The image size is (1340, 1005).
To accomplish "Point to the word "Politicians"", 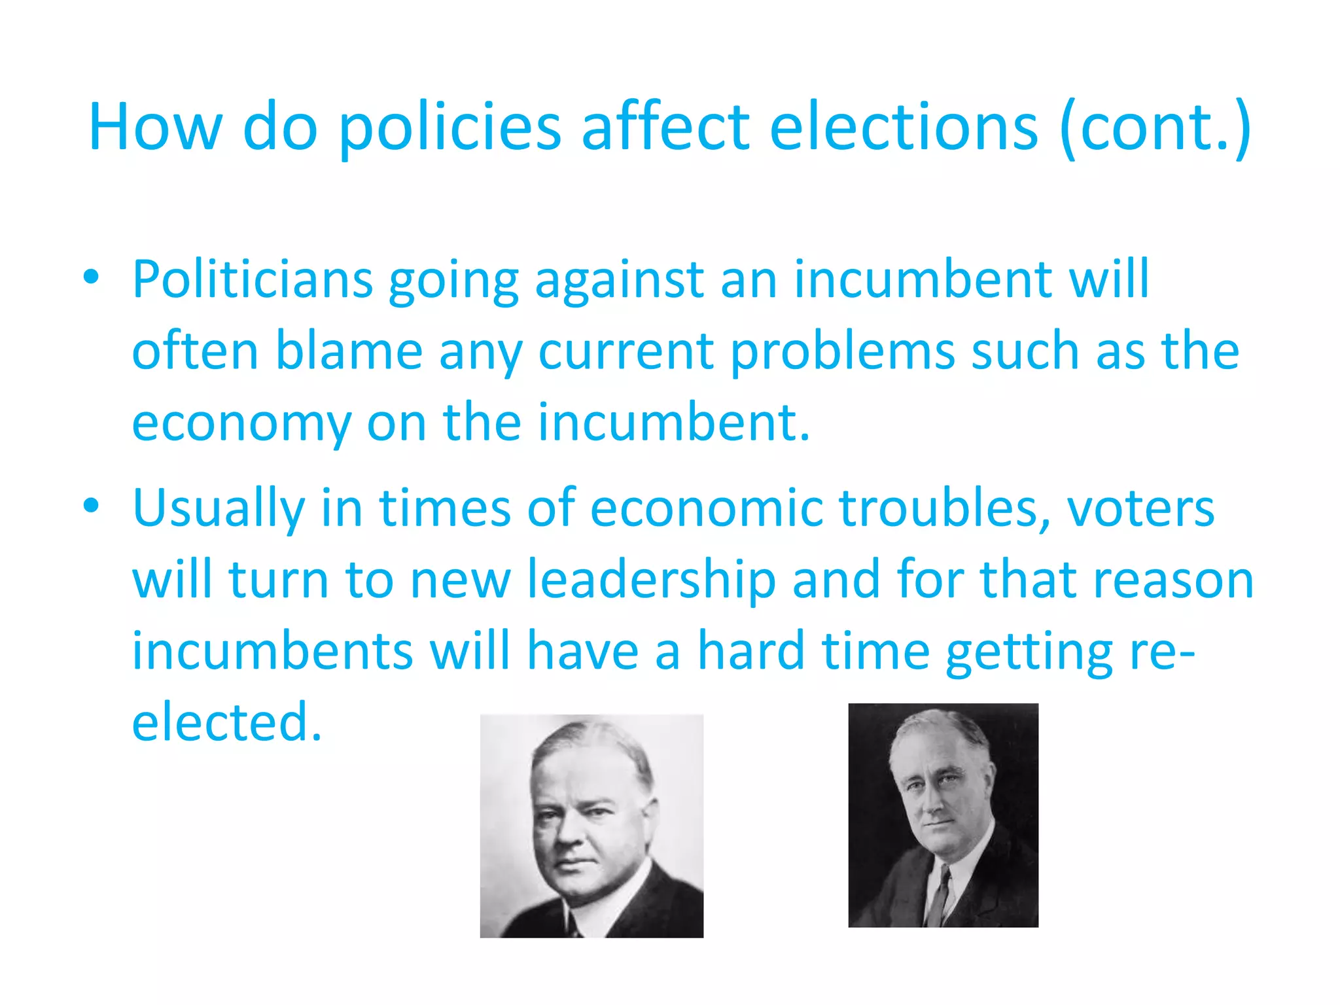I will [253, 280].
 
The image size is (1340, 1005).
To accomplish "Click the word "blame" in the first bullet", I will [349, 351].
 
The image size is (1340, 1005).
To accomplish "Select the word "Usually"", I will [219, 509].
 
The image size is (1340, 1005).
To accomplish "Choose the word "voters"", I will [1141, 508].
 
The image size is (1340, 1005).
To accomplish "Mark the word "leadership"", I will [652, 580].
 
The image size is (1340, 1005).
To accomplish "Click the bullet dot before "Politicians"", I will [92, 277].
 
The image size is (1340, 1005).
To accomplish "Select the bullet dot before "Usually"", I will [92, 506].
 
